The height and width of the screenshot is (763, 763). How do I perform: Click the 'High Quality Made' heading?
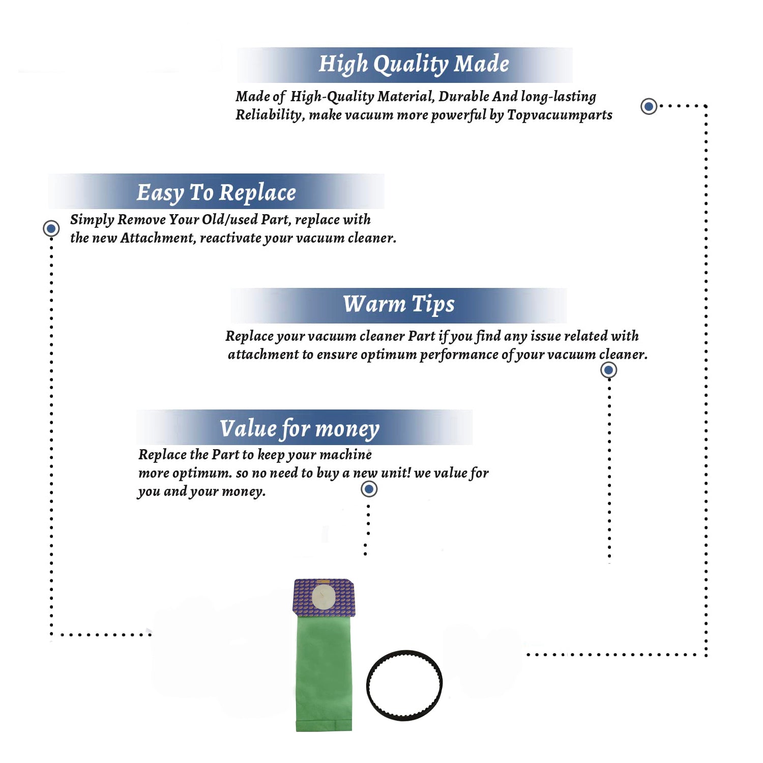point(414,65)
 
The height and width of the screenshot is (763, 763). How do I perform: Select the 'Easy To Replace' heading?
point(216,193)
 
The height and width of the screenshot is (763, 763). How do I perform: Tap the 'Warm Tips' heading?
point(399,305)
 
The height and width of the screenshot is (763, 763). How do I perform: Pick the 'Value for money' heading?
point(300,429)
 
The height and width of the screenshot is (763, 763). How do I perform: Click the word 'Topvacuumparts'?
point(560,115)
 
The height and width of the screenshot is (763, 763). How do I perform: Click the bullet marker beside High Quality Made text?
point(649,106)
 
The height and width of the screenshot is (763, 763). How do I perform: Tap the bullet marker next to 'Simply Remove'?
point(51,228)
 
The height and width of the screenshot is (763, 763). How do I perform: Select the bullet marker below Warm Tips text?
point(609,370)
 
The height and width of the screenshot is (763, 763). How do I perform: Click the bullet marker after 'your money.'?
point(369,489)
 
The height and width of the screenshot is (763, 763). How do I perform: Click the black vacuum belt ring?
point(404,653)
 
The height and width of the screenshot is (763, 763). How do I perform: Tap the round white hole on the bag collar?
point(324,597)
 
